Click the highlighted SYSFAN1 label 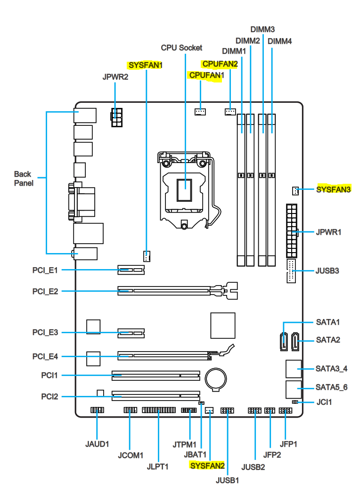pos(146,65)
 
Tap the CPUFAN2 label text pos(220,64)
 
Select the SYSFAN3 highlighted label pos(333,189)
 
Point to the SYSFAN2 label pos(207,466)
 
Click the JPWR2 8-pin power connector pos(117,118)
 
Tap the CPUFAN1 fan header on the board pos(200,112)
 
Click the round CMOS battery pos(216,379)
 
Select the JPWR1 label pos(328,232)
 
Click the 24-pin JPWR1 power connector pos(292,231)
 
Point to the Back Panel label pos(24,179)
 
